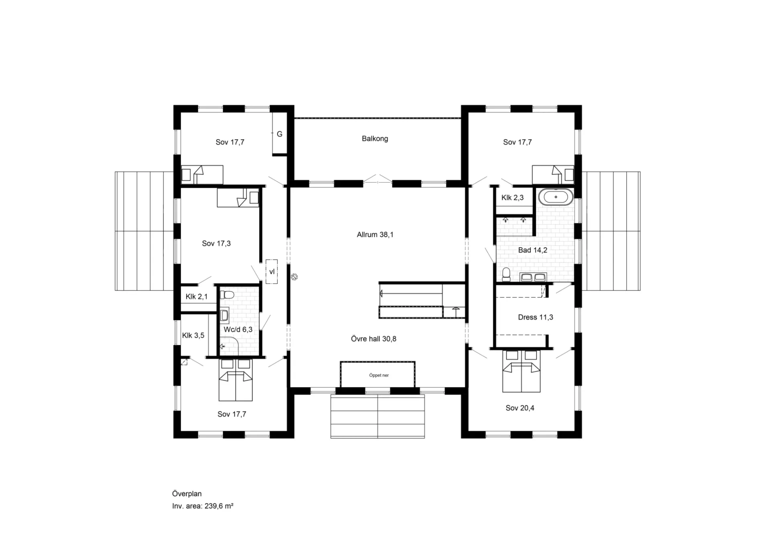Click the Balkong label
click(375, 139)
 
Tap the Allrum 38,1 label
click(375, 235)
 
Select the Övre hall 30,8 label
click(373, 339)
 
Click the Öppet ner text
click(379, 376)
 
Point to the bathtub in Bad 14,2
click(556, 197)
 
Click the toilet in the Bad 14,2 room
click(506, 274)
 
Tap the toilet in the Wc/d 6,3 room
click(227, 295)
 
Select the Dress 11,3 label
click(535, 317)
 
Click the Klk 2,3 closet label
click(512, 198)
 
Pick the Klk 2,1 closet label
click(196, 297)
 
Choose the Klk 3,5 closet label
click(193, 336)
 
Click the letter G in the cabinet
click(279, 134)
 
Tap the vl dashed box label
click(272, 272)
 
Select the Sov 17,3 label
click(216, 244)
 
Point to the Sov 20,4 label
click(520, 408)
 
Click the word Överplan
click(187, 494)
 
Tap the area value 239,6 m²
click(219, 506)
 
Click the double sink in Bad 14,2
click(533, 277)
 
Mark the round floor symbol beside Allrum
click(294, 277)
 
